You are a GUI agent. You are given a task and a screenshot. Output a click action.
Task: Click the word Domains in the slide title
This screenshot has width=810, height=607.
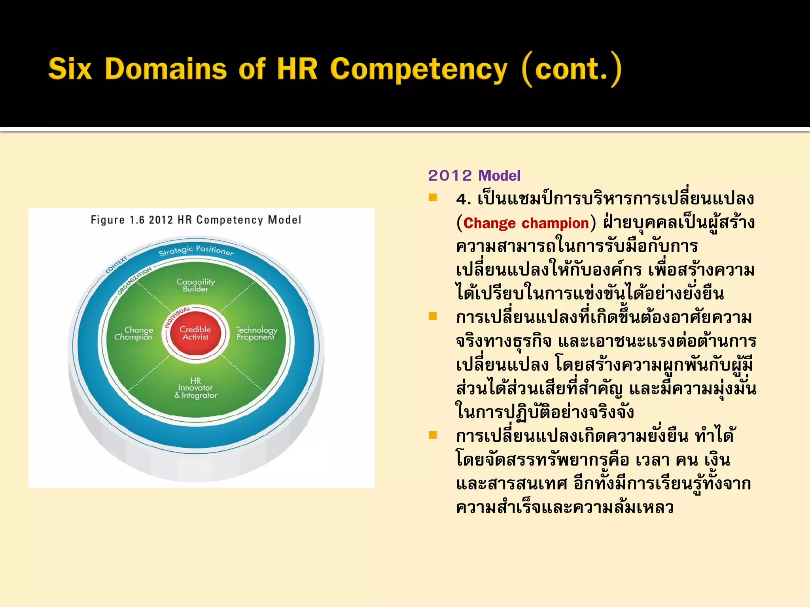tap(166, 69)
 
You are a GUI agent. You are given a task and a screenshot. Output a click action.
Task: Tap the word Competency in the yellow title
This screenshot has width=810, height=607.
tap(418, 70)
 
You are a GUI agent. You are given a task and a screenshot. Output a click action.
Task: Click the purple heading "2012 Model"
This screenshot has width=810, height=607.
tap(474, 175)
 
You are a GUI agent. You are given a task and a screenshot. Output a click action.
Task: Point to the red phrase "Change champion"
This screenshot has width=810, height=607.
tap(526, 223)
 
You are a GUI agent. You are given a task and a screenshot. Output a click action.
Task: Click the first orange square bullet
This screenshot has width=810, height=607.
tap(433, 198)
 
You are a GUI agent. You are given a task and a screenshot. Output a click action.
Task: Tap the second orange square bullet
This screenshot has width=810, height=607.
tap(433, 316)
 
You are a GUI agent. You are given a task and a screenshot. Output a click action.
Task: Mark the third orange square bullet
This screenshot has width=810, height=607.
tap(433, 435)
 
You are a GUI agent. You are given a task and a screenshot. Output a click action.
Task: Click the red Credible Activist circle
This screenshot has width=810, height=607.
tap(195, 333)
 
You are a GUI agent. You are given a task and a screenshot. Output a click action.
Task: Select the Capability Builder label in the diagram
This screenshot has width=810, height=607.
tap(196, 285)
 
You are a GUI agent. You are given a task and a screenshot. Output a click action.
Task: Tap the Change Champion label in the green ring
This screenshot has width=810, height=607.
tap(134, 333)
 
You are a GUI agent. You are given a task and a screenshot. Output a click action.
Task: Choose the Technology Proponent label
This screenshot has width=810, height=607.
tap(256, 333)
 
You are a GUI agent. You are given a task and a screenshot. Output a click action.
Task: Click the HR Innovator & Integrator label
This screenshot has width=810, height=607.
tap(196, 388)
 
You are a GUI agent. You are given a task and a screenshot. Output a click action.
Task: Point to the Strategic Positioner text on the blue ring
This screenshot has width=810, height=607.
tap(196, 250)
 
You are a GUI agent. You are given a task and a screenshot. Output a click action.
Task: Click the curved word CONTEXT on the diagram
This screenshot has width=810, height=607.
tap(116, 265)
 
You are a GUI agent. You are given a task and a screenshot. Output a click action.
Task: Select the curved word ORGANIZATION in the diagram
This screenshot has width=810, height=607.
tap(134, 281)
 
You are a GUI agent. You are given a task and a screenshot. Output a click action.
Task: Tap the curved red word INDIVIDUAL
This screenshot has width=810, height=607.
tap(177, 317)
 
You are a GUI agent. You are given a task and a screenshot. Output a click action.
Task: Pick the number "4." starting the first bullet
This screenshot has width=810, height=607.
tap(463, 199)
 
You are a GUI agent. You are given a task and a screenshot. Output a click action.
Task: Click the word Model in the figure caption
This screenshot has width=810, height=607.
tap(284, 220)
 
